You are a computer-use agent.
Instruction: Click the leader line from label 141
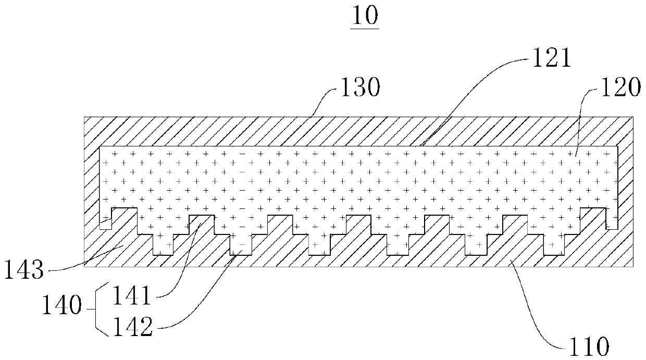pos(180,260)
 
